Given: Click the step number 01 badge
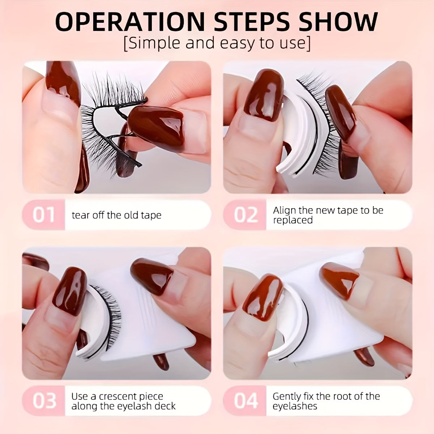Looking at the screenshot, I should tap(44, 215).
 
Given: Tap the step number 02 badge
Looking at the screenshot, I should tap(246, 215).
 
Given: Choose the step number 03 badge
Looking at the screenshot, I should tap(44, 401).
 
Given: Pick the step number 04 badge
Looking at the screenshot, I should tap(246, 401).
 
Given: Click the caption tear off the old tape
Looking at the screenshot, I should tap(116, 215).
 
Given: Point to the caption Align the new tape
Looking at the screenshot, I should tap(328, 210).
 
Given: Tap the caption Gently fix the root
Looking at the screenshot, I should tap(326, 396).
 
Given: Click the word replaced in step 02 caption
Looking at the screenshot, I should tap(293, 220).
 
